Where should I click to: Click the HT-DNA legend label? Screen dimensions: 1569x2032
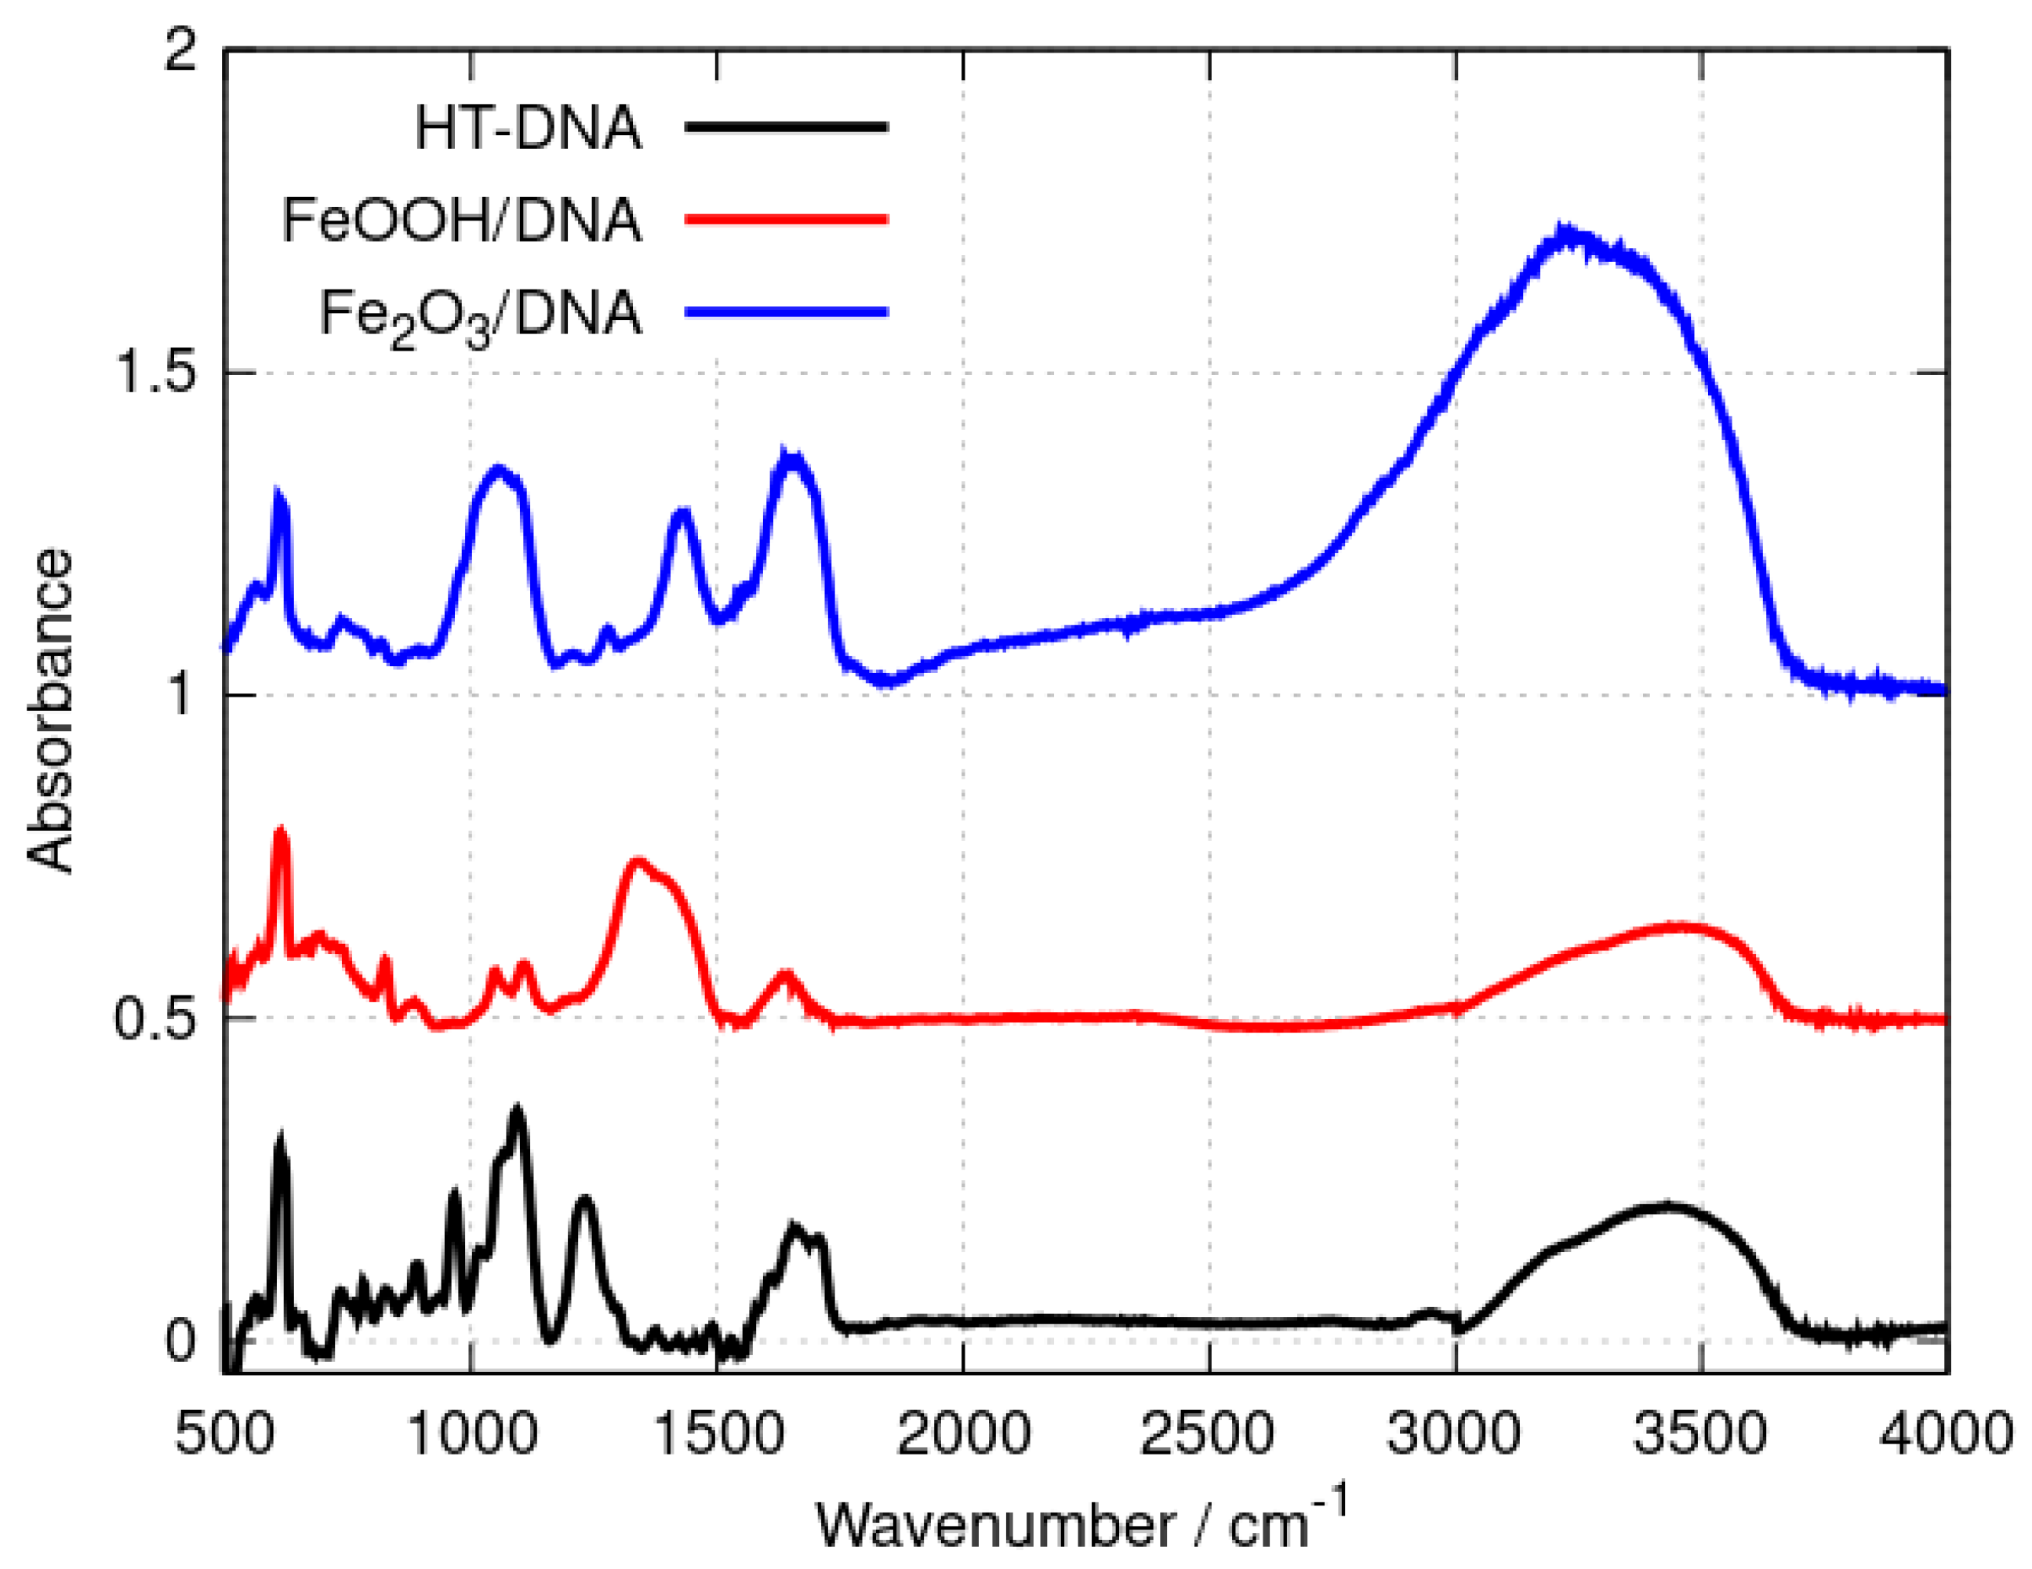pos(528,128)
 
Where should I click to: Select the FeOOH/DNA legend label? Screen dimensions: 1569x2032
pos(461,220)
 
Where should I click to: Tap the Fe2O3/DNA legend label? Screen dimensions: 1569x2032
pos(480,315)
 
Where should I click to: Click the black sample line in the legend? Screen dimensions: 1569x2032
pos(786,126)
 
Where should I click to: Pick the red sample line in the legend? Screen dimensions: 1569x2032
pos(786,220)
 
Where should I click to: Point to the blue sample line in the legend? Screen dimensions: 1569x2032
pos(786,313)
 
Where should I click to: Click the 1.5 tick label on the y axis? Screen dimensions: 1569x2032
pos(154,372)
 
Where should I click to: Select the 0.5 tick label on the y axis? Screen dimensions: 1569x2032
pos(154,1018)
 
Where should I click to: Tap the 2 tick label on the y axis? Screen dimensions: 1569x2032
pos(181,50)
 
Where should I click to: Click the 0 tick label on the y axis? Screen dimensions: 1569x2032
pos(181,1341)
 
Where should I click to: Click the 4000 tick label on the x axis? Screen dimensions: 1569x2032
pos(1944,1433)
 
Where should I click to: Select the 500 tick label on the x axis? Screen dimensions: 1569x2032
pos(225,1433)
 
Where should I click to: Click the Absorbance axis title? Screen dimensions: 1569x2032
pos(50,710)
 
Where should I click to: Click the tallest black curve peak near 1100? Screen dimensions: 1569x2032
pos(516,1110)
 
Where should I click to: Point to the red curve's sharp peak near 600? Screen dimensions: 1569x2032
pos(280,831)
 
